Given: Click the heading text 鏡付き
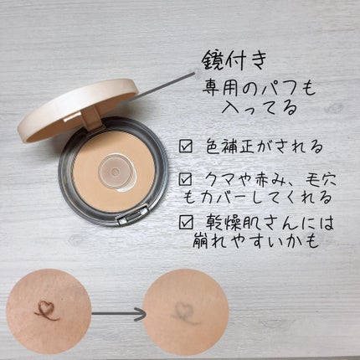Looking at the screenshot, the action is (x=234, y=60).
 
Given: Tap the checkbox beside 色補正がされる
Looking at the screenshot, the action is (x=186, y=146).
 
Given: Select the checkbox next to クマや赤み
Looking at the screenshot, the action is (x=186, y=179).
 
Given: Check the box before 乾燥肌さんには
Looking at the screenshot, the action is (x=186, y=223).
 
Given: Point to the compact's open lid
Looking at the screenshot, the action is (x=78, y=110).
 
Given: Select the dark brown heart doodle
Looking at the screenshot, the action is (x=46, y=311).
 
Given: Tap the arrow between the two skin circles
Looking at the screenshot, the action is (x=119, y=314).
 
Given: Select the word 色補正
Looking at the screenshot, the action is (x=230, y=147).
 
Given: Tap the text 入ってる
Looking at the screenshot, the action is (x=259, y=108).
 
